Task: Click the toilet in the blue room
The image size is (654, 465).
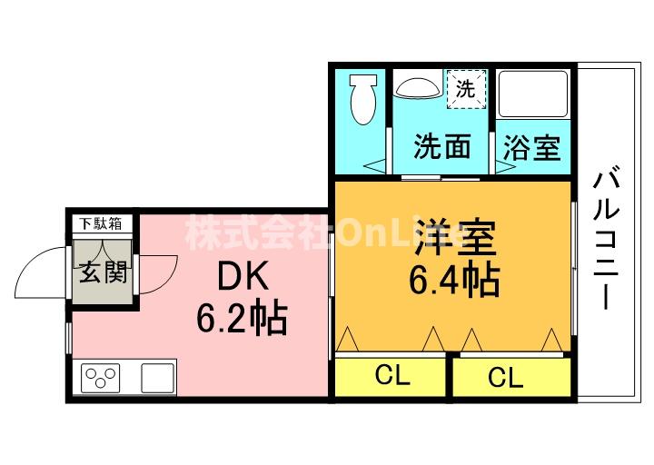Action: pos(362,99)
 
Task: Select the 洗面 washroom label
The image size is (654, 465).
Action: pos(442,147)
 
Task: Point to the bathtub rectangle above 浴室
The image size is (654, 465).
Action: pos(532,94)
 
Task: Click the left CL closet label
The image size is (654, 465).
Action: pos(391,374)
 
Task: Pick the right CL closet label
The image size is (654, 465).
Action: pos(505,376)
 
